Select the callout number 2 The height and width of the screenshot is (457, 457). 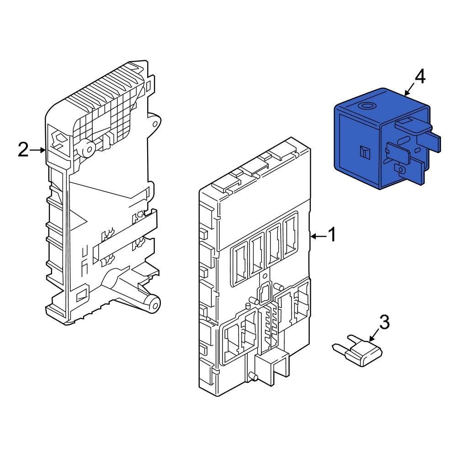click(23, 149)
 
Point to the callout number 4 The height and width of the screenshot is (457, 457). click(419, 77)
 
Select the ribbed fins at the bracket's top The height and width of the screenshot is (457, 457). click(105, 87)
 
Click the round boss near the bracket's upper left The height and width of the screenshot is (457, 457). click(87, 148)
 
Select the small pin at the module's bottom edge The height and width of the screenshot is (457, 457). click(250, 377)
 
